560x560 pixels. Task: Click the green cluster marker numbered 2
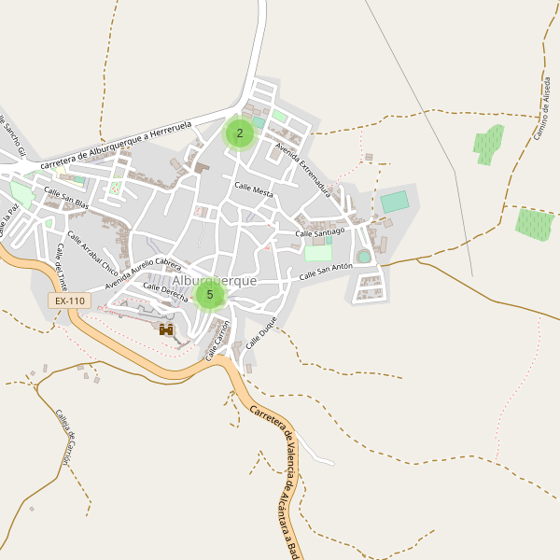(239, 133)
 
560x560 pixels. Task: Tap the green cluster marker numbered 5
(209, 295)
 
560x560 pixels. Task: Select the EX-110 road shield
(70, 301)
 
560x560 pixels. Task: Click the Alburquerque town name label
(214, 280)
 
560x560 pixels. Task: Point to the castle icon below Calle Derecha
(166, 329)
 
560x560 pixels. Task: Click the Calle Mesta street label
(254, 190)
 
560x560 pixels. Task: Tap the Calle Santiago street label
(320, 231)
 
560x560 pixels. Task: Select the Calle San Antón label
(326, 273)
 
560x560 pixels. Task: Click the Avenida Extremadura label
(302, 164)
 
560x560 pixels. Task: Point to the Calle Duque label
(262, 332)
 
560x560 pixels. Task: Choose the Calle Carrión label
(217, 341)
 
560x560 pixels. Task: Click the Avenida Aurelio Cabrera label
(143, 272)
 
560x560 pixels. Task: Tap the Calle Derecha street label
(165, 292)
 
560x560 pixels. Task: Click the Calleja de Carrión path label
(63, 438)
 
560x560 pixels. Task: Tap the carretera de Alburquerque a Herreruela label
(117, 141)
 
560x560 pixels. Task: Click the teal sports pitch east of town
(395, 202)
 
